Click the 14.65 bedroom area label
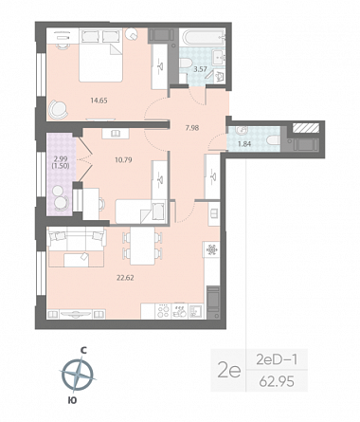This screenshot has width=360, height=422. [99, 101]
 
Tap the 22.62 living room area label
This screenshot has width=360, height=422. [125, 278]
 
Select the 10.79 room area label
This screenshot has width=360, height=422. [123, 159]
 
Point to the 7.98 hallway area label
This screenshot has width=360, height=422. [192, 128]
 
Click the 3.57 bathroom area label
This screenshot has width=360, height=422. [200, 69]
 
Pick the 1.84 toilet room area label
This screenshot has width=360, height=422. [244, 144]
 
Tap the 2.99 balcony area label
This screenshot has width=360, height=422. [61, 159]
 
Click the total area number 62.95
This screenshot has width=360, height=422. [277, 381]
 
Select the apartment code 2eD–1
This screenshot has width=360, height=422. [277, 359]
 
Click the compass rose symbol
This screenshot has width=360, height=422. [78, 375]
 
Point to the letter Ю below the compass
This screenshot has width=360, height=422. [72, 400]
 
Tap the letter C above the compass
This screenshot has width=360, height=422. [83, 350]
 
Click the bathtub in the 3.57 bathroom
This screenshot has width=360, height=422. [202, 38]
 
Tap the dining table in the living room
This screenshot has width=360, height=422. [142, 246]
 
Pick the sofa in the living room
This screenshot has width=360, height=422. [77, 241]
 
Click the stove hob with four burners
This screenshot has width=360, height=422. [164, 311]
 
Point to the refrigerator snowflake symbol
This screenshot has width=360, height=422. [211, 249]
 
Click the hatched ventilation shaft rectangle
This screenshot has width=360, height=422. [306, 128]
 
